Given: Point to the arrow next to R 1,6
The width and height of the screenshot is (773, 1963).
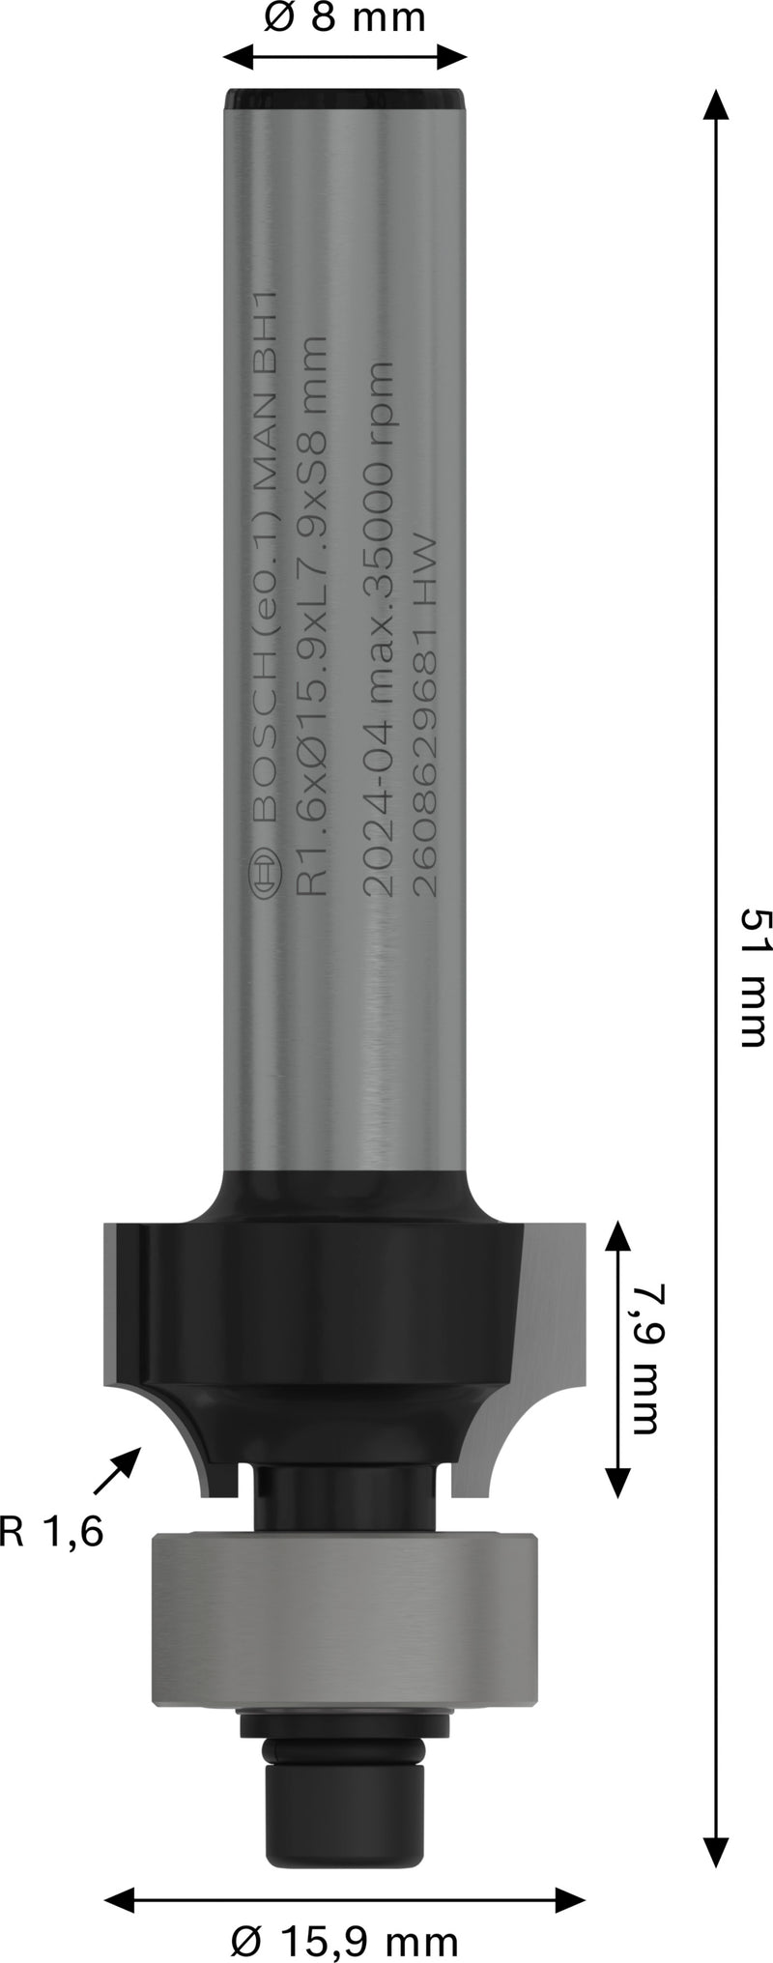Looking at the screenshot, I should [117, 1472].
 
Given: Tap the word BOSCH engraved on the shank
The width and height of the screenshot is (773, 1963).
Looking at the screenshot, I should [263, 773].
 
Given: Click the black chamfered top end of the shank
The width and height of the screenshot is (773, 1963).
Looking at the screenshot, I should [344, 98].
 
